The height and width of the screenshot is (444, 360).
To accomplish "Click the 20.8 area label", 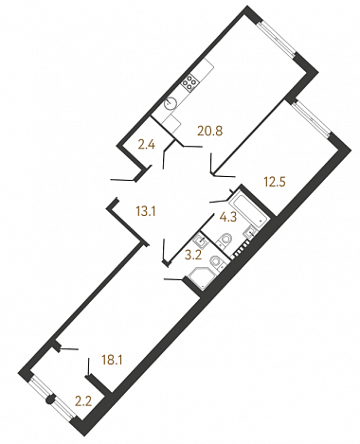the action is [x=210, y=131].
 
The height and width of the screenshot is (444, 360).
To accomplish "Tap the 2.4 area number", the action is [x=147, y=145].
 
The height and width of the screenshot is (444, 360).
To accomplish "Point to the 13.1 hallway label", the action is [x=146, y=211].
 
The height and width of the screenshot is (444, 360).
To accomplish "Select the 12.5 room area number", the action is [x=275, y=182].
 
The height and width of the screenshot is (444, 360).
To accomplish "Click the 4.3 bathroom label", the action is [x=228, y=217].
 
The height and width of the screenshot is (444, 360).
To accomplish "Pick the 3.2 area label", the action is [x=193, y=255].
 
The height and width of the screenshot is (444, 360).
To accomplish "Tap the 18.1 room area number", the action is [x=112, y=360].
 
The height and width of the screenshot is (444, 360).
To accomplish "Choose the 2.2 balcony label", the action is [x=83, y=401].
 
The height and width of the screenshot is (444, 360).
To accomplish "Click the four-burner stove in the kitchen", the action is [x=189, y=82].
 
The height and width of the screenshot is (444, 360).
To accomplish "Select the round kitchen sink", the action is [x=171, y=103].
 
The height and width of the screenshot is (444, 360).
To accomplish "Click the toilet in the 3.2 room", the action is [x=217, y=262].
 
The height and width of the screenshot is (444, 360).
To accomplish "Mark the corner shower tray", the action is [x=201, y=278].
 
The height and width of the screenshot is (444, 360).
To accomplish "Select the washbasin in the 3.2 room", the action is [x=200, y=241].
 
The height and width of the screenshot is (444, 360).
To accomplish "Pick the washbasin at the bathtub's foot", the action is [x=250, y=233].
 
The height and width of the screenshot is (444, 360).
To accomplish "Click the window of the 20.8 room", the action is [x=277, y=38].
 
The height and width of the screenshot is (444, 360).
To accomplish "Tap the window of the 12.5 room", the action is [x=311, y=118].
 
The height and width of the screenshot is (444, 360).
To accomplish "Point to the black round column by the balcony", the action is [x=50, y=400].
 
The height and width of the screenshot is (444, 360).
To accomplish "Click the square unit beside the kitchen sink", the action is [x=171, y=123].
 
